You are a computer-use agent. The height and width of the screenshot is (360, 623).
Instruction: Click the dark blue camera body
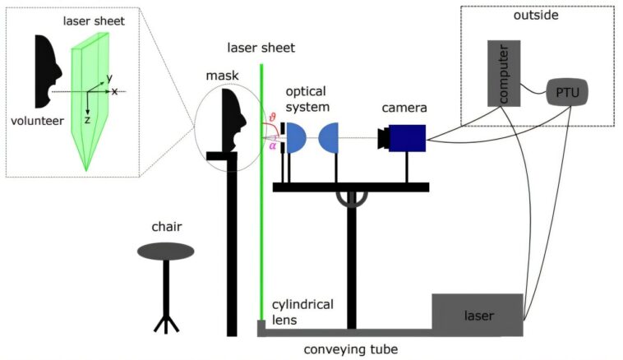pos(408,138)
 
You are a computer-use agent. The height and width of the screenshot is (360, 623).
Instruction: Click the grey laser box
pos(478,314)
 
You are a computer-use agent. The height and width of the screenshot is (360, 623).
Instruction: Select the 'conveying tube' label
pos(351,349)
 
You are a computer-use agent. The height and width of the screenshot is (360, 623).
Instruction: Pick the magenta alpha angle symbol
pos(273,145)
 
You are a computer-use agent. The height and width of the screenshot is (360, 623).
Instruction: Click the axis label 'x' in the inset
pos(114,90)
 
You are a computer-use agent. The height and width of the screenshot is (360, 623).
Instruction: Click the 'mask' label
pos(223,76)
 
